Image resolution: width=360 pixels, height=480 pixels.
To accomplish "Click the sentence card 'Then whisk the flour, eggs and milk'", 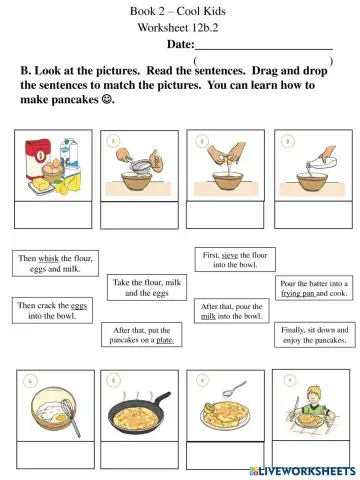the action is [55, 263].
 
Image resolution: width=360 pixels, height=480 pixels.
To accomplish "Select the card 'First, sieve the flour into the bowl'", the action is [235, 259].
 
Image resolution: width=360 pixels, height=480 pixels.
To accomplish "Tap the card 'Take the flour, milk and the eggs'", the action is [147, 287].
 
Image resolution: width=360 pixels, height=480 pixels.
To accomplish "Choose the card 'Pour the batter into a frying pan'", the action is [314, 288].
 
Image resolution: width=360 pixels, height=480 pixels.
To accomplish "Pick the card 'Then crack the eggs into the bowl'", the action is [52, 310].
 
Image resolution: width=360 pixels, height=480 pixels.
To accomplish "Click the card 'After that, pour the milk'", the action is [232, 311].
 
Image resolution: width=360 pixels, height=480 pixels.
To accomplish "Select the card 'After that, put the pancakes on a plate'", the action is [142, 335].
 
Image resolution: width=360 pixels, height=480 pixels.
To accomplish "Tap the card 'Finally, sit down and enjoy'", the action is [315, 335].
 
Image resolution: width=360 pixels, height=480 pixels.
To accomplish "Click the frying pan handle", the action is [161, 399].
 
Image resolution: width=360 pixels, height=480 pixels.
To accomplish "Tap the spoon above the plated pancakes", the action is [235, 387].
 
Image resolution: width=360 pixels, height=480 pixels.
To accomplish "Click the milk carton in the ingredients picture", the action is [70, 153].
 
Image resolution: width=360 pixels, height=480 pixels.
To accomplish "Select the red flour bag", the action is [38, 158].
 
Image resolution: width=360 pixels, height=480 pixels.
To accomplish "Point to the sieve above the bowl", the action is [141, 166].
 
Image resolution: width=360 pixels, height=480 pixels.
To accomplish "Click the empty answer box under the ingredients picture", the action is [53, 215].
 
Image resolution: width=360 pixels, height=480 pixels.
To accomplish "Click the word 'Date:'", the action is [181, 44].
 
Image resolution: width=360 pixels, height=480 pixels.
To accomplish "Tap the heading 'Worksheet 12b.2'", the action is [178, 27].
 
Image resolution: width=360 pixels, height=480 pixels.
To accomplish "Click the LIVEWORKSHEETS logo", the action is [303, 471].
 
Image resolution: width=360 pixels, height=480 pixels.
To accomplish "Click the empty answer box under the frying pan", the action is [139, 455].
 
